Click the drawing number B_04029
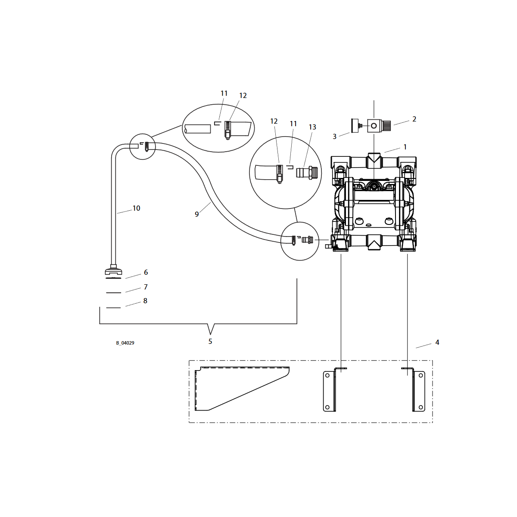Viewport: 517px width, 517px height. tap(125, 343)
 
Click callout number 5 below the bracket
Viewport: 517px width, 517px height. tap(210, 341)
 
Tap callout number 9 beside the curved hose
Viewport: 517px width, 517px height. tap(196, 214)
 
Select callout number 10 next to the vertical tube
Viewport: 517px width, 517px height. tap(136, 208)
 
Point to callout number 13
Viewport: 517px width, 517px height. tap(312, 127)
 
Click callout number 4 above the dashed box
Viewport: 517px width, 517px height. tap(437, 342)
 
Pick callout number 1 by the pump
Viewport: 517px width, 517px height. tap(405, 147)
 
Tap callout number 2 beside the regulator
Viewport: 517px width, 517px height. tap(414, 119)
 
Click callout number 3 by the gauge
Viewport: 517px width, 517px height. tap(335, 137)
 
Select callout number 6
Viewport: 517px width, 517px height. tap(146, 272)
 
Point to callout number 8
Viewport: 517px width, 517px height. tap(145, 300)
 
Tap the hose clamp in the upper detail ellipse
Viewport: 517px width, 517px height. tap(227, 131)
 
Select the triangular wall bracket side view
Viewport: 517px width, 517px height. tap(242, 389)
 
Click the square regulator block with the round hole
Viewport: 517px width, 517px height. tap(374, 125)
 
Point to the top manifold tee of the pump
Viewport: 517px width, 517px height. tap(374, 160)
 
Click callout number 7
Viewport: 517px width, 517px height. tap(146, 287)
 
